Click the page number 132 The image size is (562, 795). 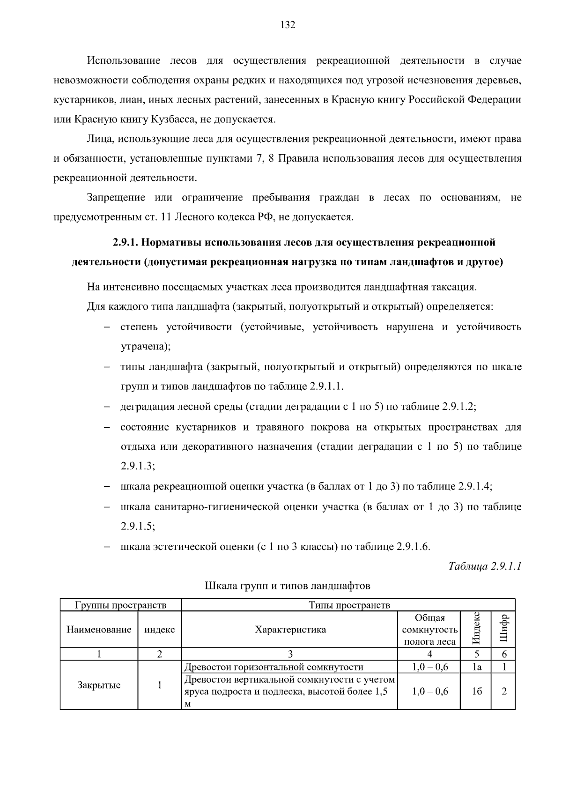tap(288, 25)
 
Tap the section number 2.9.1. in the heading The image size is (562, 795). tap(125, 243)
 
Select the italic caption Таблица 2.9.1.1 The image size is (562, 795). tap(485, 566)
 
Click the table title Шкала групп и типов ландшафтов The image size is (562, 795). tap(288, 586)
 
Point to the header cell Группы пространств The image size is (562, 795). tap(120, 605)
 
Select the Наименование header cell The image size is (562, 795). tap(99, 630)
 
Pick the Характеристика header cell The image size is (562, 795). tap(290, 630)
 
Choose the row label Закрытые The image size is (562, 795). tap(99, 685)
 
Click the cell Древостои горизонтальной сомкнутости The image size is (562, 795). tap(274, 667)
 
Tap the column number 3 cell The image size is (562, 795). tap(290, 654)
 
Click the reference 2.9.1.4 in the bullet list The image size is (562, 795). tap(473, 486)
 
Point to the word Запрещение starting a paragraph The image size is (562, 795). tap(116, 198)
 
